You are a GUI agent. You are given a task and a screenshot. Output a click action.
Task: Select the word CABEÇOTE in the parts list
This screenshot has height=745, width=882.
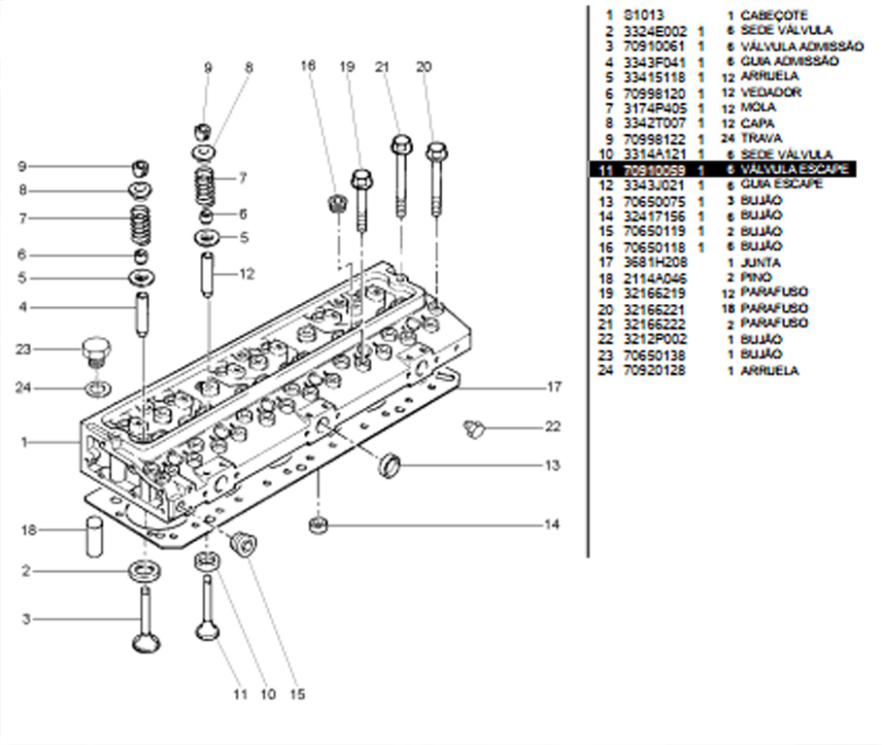773,16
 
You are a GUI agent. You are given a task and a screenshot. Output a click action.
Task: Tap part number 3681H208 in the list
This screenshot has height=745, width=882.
655,262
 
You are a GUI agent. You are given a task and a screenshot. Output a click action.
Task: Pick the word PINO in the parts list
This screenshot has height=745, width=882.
756,278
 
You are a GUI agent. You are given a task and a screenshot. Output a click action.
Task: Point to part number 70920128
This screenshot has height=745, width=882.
655,370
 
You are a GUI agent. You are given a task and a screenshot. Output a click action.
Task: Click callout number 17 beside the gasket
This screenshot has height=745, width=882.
554,387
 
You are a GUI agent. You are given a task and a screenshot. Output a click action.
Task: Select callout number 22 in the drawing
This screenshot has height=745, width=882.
553,426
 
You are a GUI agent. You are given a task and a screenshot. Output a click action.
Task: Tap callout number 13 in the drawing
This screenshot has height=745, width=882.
552,465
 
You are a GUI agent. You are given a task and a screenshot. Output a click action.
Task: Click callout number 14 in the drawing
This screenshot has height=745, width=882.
552,525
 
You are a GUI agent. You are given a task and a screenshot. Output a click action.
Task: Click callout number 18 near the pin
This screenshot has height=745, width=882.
29,529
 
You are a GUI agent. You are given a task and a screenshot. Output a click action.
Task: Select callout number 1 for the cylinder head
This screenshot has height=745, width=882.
23,442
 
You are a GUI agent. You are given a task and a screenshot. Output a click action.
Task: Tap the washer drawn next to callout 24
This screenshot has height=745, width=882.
96,389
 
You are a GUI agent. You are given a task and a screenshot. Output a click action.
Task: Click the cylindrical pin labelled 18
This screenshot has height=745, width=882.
94,536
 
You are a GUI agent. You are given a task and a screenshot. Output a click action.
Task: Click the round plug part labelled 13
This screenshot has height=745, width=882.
390,463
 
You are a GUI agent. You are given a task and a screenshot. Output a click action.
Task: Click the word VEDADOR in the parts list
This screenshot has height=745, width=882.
770,92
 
